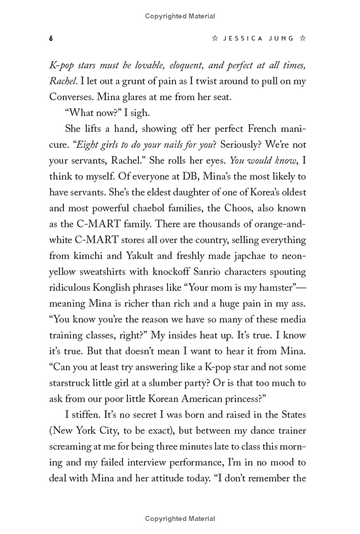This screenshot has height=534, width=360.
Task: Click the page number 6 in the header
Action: point(51,39)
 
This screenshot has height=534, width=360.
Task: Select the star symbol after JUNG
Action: point(303,39)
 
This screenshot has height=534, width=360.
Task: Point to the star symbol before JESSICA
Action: point(215,39)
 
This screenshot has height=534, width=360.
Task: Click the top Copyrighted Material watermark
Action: point(180,17)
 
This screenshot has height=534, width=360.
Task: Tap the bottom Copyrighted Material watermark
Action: point(180,519)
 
